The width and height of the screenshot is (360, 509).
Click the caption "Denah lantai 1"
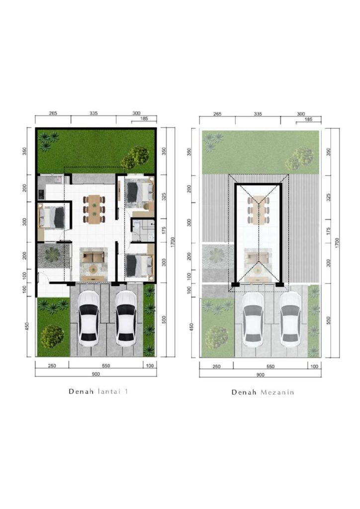pos(98,391)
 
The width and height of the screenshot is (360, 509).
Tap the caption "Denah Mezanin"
pos(263,392)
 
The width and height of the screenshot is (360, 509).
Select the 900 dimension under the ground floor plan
pos(96,374)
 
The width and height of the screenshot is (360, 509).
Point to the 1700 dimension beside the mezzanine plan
pos(337,243)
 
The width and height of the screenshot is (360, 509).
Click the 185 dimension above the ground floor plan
pos(144,119)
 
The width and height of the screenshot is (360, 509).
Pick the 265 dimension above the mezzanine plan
pos(217,114)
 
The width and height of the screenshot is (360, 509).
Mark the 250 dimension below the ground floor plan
pos(52,366)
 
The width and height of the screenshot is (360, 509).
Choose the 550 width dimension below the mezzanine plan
pos(270,366)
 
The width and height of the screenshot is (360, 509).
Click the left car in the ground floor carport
pos(89,319)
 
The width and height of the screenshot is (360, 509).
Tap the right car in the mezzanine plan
pos(290,319)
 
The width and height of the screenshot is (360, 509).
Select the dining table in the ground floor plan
pos(94,209)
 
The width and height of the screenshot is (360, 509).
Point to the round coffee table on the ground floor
pos(93,269)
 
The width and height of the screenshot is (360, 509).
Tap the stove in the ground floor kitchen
pos(41,194)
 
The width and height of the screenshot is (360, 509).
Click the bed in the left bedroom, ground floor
pos(52,217)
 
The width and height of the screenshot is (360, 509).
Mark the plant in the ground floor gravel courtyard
pos(52,255)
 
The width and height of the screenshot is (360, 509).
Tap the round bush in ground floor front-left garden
pos(52,337)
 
